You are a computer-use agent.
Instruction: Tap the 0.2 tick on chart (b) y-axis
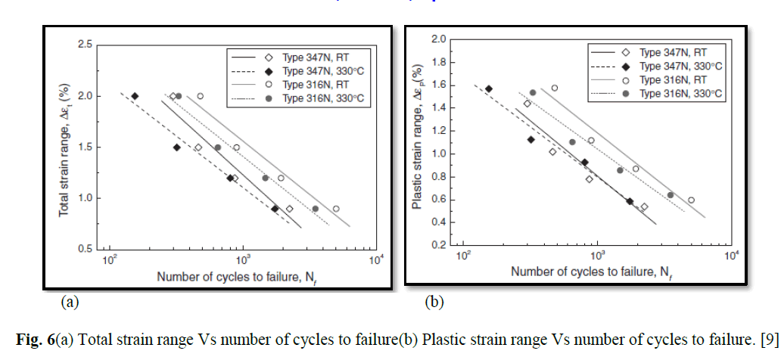tap(438, 246)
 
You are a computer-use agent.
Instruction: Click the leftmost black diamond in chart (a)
tap(135, 96)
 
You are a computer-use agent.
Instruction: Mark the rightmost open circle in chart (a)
tap(336, 209)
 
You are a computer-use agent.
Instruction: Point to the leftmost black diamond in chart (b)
tap(489, 89)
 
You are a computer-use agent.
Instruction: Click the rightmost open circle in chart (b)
tap(691, 200)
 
